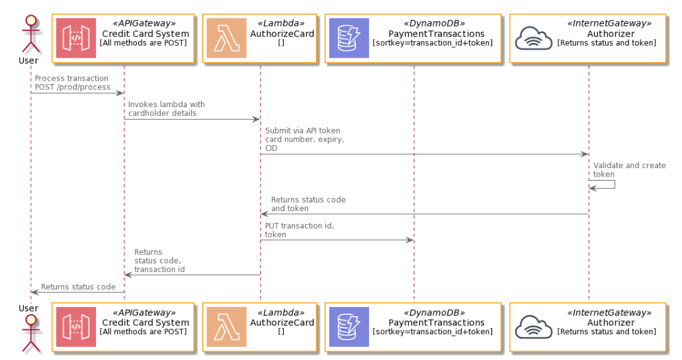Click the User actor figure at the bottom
(30, 333)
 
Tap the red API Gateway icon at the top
(75, 38)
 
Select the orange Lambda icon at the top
(226, 38)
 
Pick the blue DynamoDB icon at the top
(349, 38)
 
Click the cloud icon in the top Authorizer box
(534, 38)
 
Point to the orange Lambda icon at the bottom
(226, 327)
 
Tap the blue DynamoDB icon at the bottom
(349, 327)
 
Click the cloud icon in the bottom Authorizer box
(534, 327)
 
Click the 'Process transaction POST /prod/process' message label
(73, 83)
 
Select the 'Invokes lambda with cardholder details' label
(166, 109)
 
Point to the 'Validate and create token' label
(629, 170)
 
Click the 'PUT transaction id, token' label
(299, 230)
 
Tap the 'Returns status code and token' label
(308, 204)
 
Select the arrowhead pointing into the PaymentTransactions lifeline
(409, 240)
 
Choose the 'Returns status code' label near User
(78, 287)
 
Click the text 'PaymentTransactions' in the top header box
(436, 34)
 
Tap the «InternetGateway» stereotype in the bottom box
(609, 312)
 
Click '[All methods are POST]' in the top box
(143, 42)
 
